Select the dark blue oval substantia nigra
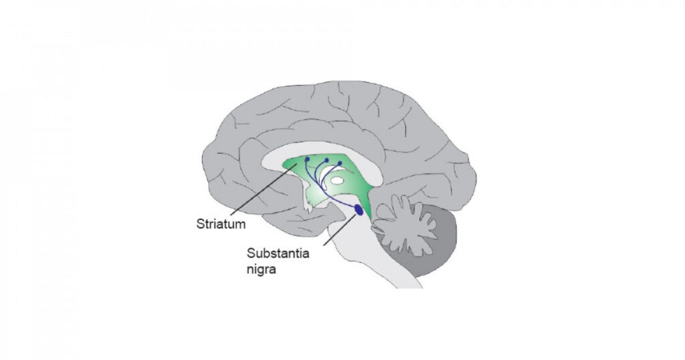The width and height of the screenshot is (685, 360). (x=359, y=210)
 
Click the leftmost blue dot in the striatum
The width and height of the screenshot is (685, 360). (x=308, y=159)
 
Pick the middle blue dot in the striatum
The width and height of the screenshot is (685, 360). (x=326, y=160)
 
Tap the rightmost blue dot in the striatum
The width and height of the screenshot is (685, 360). (x=339, y=163)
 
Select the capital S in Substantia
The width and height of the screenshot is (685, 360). (x=250, y=254)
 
